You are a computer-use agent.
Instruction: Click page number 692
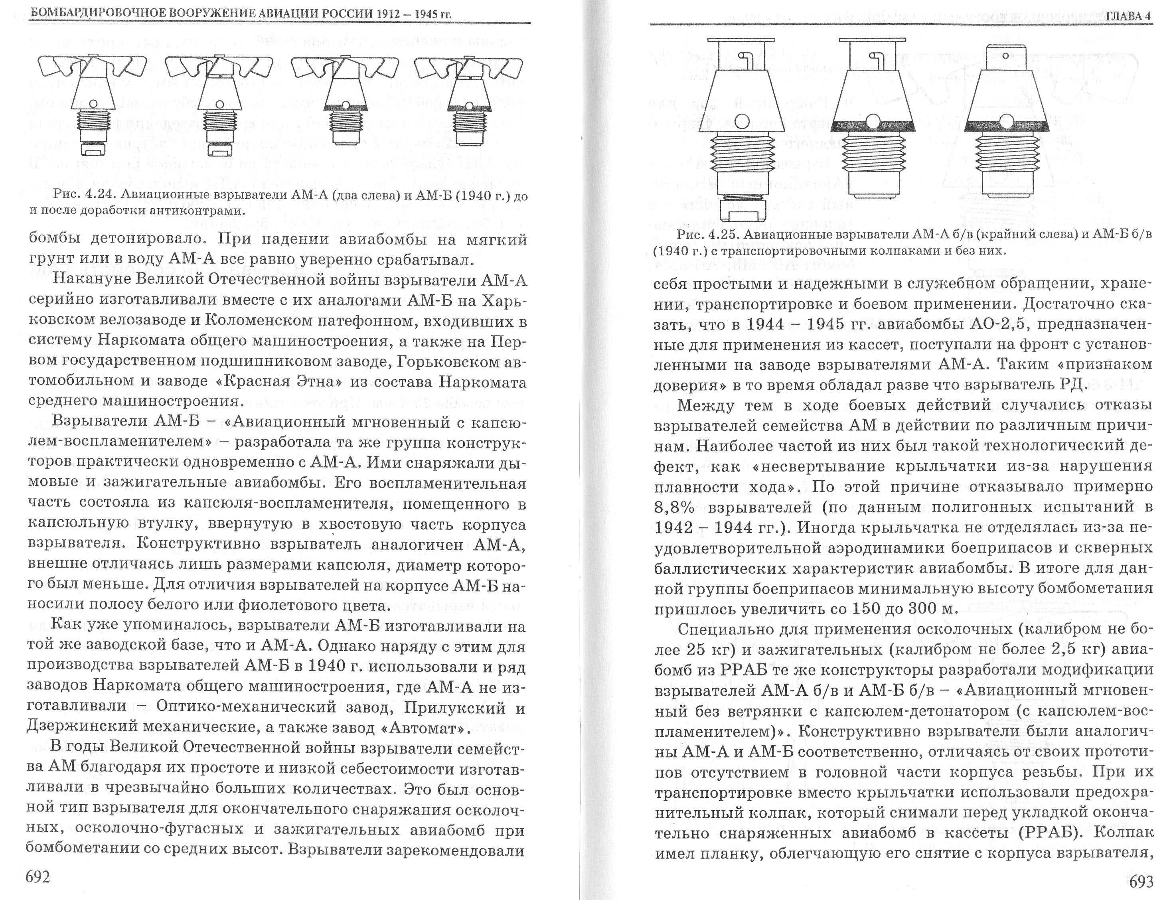click(38, 877)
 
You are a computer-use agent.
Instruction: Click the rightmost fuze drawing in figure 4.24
click(469, 102)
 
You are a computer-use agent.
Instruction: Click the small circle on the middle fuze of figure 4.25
click(874, 121)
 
